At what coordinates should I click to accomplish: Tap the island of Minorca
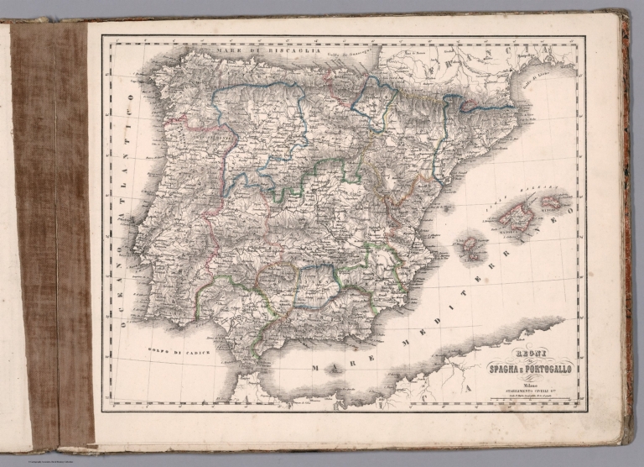point(553,201)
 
